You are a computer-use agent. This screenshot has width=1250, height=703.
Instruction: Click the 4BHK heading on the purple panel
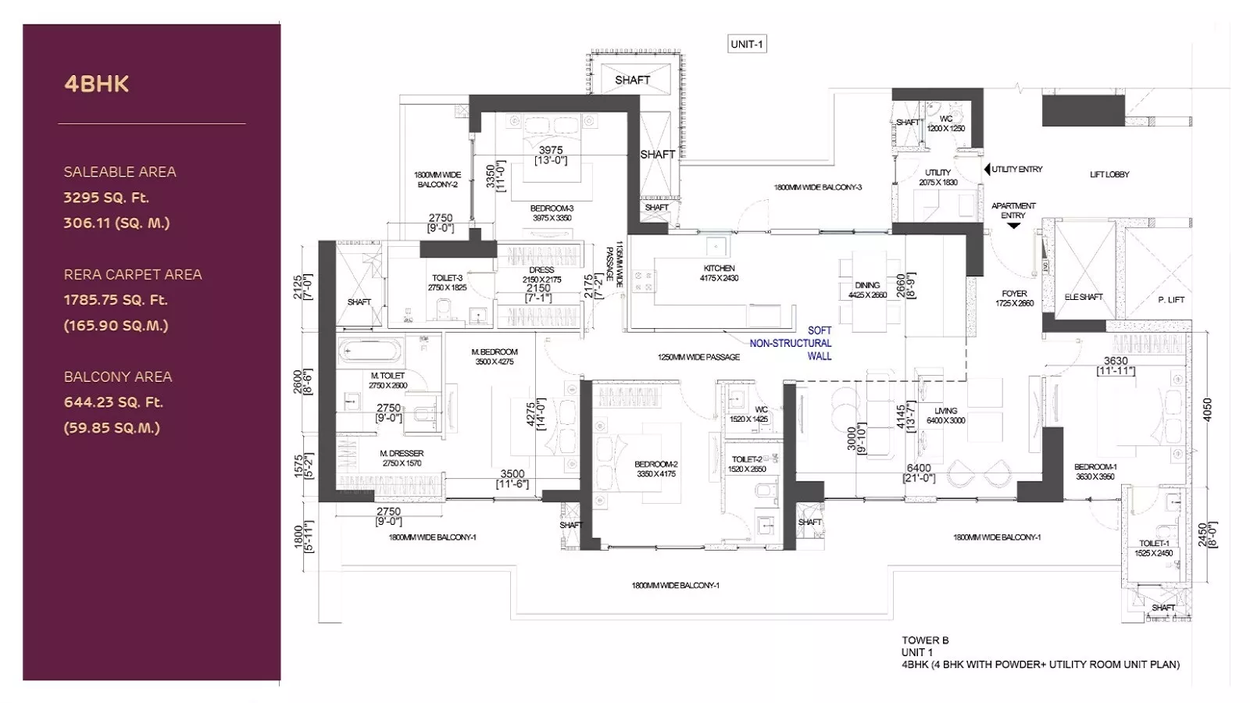click(x=96, y=84)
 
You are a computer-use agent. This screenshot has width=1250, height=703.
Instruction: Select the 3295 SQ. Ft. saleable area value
click(x=106, y=198)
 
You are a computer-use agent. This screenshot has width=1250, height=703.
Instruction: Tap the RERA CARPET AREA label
click(x=133, y=274)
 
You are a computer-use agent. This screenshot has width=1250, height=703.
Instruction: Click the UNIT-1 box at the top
click(x=747, y=45)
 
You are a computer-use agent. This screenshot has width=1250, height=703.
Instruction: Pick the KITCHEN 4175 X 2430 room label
click(x=719, y=273)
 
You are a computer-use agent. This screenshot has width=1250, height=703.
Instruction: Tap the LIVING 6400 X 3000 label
click(x=945, y=415)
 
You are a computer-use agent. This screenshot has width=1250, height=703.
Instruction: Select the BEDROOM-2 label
click(x=656, y=469)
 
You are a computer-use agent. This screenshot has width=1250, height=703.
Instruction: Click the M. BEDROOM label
click(x=495, y=356)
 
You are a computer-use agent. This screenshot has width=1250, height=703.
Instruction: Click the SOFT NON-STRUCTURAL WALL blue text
click(x=791, y=343)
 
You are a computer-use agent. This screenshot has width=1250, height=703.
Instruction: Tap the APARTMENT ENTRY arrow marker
click(x=1013, y=226)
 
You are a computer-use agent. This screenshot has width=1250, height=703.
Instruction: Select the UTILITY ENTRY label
click(x=1016, y=170)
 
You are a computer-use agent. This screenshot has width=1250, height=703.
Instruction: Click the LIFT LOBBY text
click(x=1109, y=174)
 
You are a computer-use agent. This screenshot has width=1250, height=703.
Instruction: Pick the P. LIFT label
click(x=1171, y=300)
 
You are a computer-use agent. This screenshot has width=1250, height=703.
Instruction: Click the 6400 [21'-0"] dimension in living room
click(x=919, y=473)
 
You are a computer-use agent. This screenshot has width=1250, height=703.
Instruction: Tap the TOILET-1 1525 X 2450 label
click(x=1154, y=548)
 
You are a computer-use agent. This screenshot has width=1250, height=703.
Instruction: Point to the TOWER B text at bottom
click(x=925, y=640)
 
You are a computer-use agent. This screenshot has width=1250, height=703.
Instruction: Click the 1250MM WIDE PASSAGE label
click(x=698, y=357)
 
